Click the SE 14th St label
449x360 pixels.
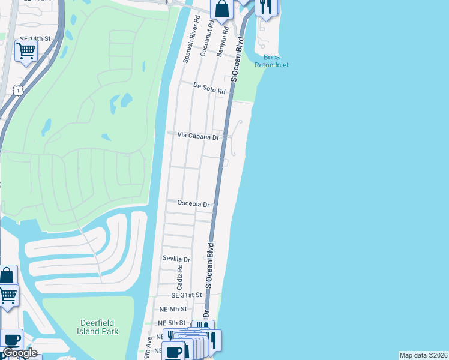click(x=33, y=38)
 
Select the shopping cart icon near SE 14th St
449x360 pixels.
click(x=25, y=51)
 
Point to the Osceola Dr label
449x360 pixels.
click(x=193, y=203)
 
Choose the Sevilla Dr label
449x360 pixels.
click(x=176, y=259)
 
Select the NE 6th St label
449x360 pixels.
click(x=172, y=309)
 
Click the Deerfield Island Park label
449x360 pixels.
click(x=98, y=327)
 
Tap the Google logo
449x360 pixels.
click(x=20, y=353)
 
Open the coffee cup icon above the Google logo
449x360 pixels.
click(x=11, y=339)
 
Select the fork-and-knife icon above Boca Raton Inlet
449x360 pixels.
click(x=266, y=7)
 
